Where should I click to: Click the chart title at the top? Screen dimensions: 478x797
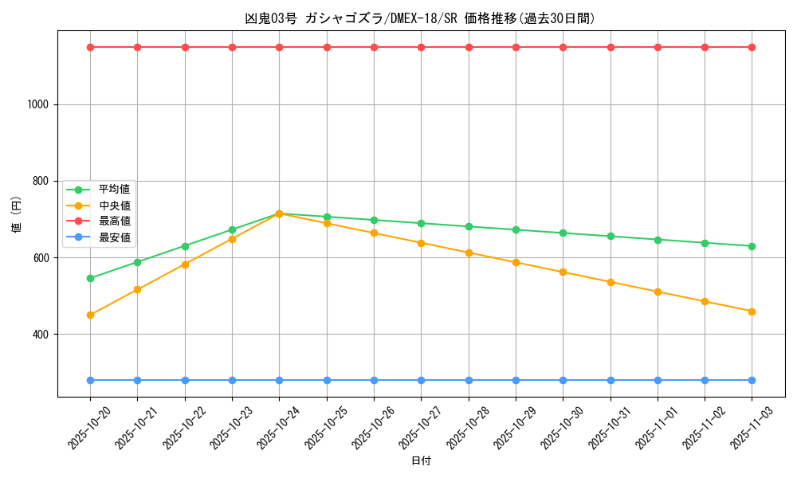[x=419, y=18]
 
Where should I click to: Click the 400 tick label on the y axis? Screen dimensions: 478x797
[x=41, y=335]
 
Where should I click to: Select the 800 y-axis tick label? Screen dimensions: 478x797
[x=41, y=181]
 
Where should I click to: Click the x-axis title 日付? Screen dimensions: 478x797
[x=421, y=461]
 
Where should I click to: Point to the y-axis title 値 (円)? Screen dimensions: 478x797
[x=17, y=215]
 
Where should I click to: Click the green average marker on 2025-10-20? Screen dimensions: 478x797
[x=90, y=278]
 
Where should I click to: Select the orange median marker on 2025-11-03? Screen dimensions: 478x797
[x=752, y=311]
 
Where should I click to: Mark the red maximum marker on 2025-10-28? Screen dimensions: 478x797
[x=469, y=47]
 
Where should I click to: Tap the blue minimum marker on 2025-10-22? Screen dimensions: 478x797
[x=185, y=380]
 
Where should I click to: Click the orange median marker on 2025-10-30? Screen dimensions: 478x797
[x=563, y=272]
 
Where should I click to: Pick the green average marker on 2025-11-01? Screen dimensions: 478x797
[x=658, y=240]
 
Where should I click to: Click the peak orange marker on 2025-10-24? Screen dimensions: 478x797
[x=279, y=214]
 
